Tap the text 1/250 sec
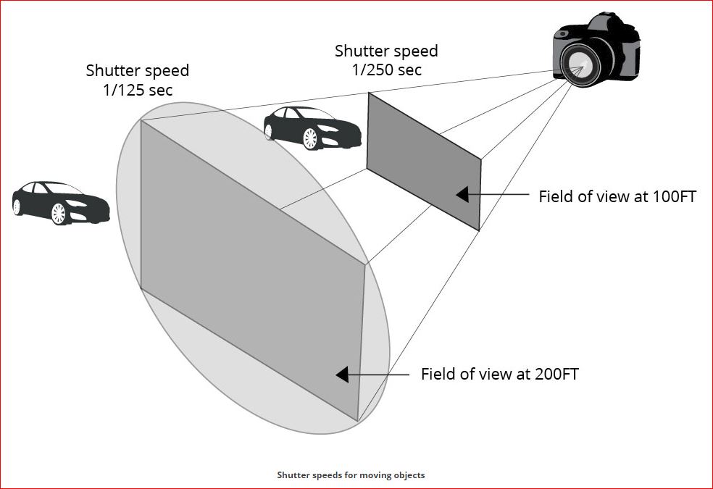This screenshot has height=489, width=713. pyautogui.click(x=386, y=70)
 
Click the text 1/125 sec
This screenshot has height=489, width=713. pyautogui.click(x=138, y=90)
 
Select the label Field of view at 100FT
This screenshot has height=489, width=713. pyautogui.click(x=617, y=196)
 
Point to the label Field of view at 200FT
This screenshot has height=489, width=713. pyautogui.click(x=500, y=374)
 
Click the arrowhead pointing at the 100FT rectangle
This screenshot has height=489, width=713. pyautogui.click(x=462, y=194)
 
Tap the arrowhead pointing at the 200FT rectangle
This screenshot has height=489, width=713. pyautogui.click(x=343, y=374)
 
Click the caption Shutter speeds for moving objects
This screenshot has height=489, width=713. pyautogui.click(x=351, y=475)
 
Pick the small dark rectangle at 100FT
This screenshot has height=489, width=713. pyautogui.click(x=424, y=162)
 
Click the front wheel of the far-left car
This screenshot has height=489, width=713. pyautogui.click(x=59, y=213)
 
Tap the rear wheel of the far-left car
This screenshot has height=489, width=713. pyautogui.click(x=17, y=206)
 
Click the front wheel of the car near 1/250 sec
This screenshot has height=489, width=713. pyautogui.click(x=311, y=138)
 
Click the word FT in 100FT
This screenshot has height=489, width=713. pyautogui.click(x=686, y=196)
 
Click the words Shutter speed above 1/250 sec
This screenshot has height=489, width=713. pyautogui.click(x=386, y=51)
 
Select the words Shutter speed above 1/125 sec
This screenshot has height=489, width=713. pyautogui.click(x=138, y=71)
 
